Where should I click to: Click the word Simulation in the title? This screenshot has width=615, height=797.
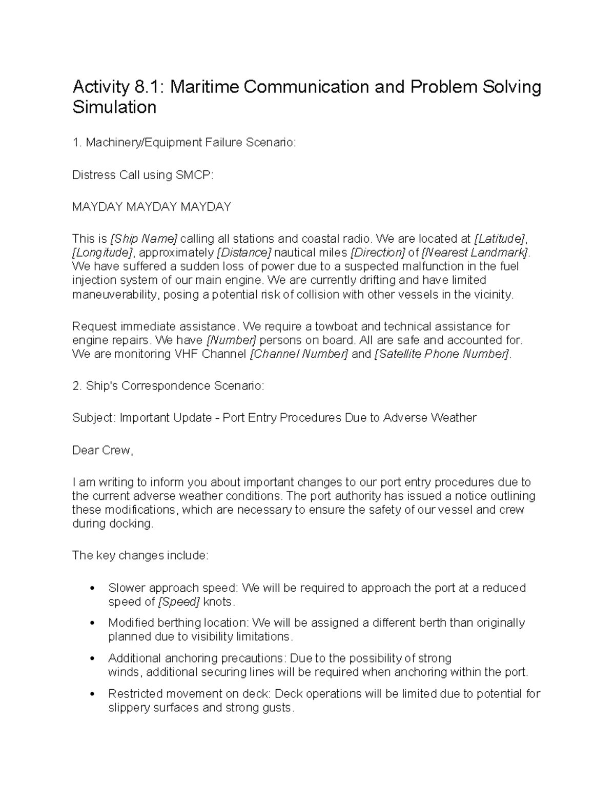coord(114,107)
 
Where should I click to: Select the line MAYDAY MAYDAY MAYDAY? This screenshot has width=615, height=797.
coord(152,207)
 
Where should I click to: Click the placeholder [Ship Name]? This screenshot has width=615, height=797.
coord(144,239)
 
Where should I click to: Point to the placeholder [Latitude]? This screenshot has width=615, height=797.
coord(500,239)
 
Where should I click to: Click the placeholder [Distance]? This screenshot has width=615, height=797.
coord(244,252)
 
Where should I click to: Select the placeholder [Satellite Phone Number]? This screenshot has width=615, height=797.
coord(442,354)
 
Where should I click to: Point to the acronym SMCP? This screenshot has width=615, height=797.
coord(193,175)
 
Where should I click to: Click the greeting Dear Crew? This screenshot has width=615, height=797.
coord(102,450)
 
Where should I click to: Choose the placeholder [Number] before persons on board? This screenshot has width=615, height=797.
coord(231,340)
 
